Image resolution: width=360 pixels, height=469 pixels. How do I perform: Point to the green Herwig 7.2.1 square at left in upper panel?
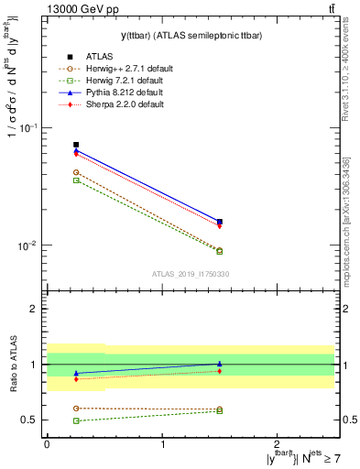coord(76,180)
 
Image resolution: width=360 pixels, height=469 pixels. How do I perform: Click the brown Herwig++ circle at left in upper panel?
coord(76,172)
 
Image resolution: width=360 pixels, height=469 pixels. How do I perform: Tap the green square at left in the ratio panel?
coord(76,420)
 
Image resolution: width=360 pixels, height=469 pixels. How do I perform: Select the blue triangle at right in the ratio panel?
coord(219,364)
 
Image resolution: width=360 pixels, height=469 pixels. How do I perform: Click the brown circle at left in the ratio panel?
coord(76,408)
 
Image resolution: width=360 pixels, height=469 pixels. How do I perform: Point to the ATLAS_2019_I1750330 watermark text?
coord(190,274)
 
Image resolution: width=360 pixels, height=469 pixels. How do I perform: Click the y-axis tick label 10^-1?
coord(30,127)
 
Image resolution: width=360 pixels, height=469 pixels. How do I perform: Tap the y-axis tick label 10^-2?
coord(30,245)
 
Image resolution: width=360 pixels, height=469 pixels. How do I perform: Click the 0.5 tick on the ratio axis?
coord(33,420)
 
